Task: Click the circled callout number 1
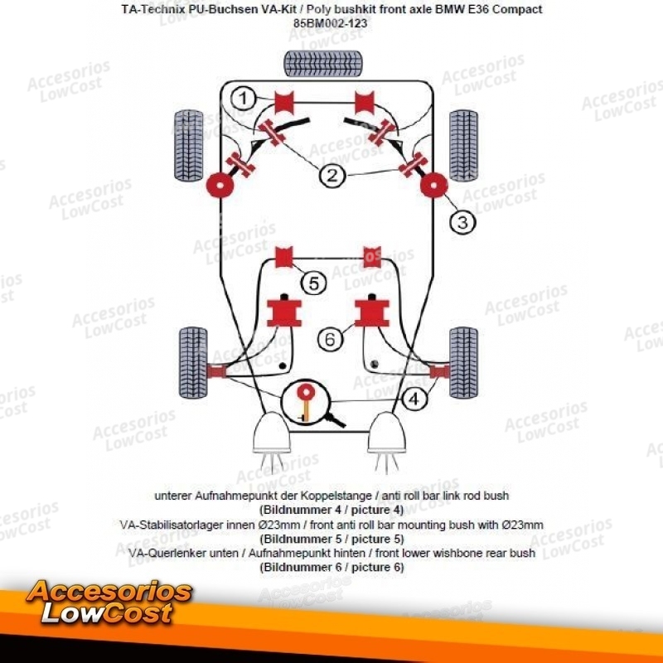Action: pos(243,99)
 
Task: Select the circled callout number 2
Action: pos(331,176)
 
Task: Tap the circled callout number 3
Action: pos(462,221)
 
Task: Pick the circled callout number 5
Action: pos(313,283)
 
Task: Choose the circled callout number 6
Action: pos(330,338)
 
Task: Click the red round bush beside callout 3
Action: pos(433,186)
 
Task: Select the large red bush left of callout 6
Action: pos(283,312)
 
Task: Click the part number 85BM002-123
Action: pos(330,23)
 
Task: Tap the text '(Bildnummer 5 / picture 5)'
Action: pos(331,538)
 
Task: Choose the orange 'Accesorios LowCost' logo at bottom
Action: pos(108,603)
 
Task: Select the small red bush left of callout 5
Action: pos(283,256)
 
